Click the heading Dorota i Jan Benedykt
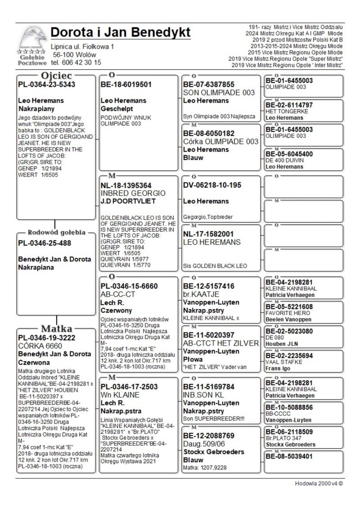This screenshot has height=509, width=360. click(x=121, y=32)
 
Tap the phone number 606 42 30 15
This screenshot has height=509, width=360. click(x=81, y=63)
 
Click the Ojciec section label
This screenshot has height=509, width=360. click(x=56, y=75)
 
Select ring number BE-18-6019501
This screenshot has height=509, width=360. click(x=126, y=84)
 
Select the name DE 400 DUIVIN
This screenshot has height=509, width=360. click(x=284, y=160)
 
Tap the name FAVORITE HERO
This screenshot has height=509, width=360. click(x=284, y=313)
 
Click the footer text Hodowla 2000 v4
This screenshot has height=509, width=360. click(x=319, y=484)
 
